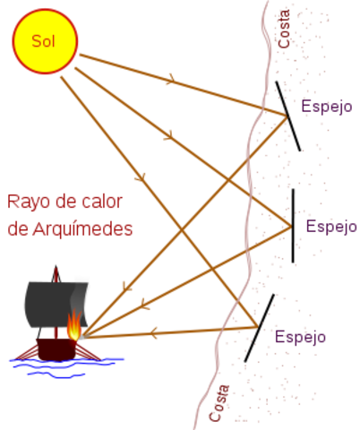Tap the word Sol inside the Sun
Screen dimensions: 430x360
pyautogui.click(x=43, y=40)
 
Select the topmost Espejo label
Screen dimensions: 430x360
pyautogui.click(x=327, y=107)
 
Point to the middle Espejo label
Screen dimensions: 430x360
pyautogui.click(x=331, y=227)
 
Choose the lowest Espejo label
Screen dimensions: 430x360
pyautogui.click(x=300, y=337)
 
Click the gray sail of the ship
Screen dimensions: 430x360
pyautogui.click(x=49, y=305)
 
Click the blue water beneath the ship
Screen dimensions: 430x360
pyautogui.click(x=63, y=365)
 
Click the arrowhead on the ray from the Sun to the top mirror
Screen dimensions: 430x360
pyautogui.click(x=169, y=81)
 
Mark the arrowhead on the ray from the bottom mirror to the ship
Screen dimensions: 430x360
pyautogui.click(x=152, y=334)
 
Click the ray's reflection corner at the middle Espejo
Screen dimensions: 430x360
pyautogui.click(x=288, y=227)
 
